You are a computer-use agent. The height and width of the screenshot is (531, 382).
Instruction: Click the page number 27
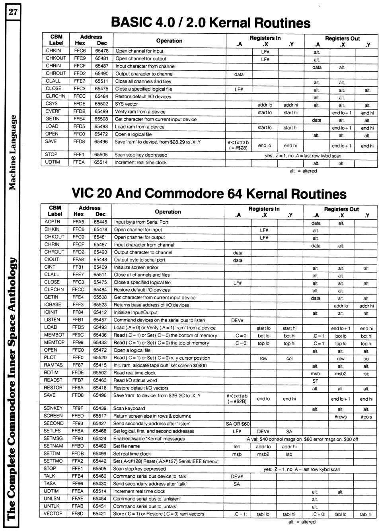[13, 12]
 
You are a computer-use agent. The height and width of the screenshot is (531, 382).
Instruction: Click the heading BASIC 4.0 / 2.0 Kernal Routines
[210, 22]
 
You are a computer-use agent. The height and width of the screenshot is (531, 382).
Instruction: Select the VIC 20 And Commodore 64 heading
[209, 193]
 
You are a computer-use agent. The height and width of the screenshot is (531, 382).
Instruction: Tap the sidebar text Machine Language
[13, 152]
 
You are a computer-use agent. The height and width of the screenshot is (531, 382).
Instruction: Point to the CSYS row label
[52, 104]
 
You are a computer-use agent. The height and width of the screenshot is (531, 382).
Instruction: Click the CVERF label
[53, 111]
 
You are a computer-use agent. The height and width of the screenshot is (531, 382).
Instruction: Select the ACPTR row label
[52, 222]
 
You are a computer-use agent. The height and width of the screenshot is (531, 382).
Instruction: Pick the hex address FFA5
[78, 222]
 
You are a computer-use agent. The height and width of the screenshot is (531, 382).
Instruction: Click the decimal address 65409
[100, 267]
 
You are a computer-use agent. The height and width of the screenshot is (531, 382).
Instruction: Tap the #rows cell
[341, 417]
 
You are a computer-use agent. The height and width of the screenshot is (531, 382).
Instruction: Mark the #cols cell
[366, 417]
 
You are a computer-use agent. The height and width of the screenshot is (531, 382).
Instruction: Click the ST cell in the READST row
[315, 381]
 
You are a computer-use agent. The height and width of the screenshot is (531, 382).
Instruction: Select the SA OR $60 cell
[238, 424]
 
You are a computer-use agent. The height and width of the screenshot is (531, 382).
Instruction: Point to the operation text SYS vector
[127, 104]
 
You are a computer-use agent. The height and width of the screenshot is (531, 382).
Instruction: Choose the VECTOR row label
[53, 514]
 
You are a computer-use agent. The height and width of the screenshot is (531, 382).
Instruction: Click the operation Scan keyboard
[129, 408]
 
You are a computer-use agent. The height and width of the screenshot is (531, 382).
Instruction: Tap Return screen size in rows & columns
[152, 416]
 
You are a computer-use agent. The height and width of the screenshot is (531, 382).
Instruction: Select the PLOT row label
[51, 357]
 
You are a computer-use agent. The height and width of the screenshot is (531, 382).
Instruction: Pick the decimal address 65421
[99, 514]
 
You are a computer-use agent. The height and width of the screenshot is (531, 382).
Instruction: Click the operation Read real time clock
[134, 373]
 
